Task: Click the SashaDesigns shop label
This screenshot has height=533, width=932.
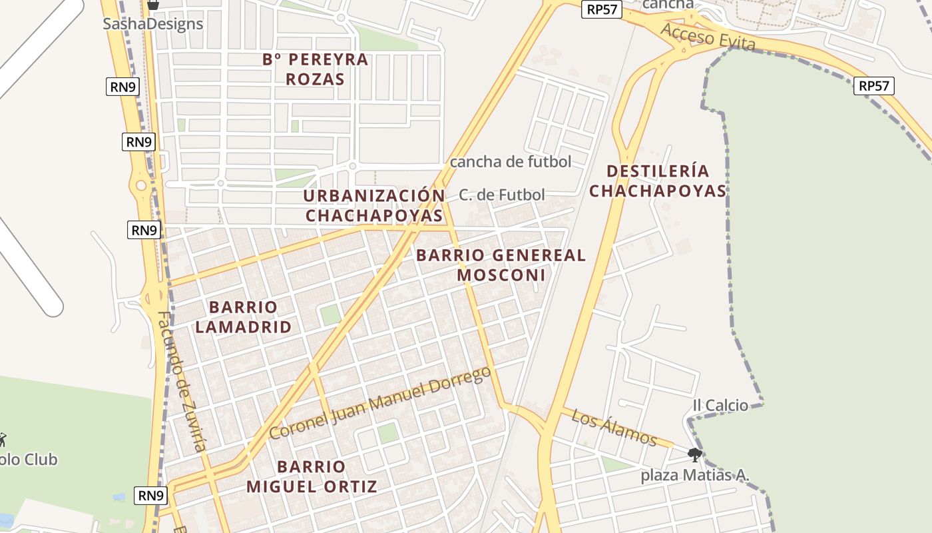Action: [x=153, y=24]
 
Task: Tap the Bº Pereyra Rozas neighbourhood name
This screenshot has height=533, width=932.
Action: [x=316, y=69]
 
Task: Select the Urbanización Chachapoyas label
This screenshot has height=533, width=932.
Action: [x=374, y=206]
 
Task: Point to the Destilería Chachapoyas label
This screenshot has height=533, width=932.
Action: [x=658, y=181]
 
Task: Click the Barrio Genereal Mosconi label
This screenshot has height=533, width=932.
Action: [x=501, y=265]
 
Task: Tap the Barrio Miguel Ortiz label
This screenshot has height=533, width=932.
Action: [x=312, y=476]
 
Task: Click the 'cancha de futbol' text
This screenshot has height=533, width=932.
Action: [x=511, y=161]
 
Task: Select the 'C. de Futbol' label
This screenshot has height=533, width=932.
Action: [x=502, y=195]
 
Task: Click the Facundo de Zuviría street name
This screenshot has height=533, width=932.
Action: [x=182, y=381]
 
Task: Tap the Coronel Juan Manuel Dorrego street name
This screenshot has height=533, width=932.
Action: [x=380, y=403]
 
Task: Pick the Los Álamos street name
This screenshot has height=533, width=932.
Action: [x=614, y=428]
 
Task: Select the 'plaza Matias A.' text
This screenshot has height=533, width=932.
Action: [x=695, y=476]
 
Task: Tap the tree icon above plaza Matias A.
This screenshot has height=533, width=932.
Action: [x=695, y=456]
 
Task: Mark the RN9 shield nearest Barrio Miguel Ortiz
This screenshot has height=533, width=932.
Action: [x=151, y=496]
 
